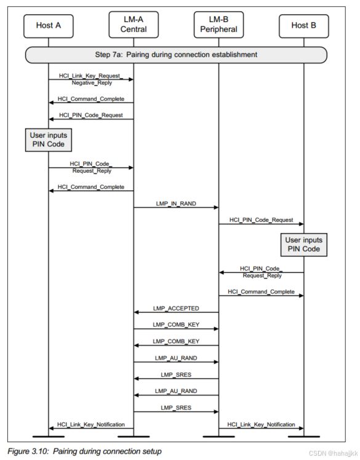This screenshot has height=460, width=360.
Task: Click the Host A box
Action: (49, 25)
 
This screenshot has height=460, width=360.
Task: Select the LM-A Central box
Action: (134, 25)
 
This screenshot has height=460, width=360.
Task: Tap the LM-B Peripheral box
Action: (218, 25)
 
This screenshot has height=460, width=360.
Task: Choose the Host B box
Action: (303, 25)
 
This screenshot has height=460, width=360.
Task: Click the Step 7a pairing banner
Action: (176, 55)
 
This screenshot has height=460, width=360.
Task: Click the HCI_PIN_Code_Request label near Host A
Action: (90, 114)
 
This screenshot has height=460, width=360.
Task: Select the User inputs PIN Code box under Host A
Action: (49, 140)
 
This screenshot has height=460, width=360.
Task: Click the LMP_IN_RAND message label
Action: (176, 203)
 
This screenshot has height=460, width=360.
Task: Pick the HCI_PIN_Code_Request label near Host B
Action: (261, 220)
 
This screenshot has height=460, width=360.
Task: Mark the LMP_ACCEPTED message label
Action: (176, 308)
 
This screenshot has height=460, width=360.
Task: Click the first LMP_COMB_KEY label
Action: (176, 325)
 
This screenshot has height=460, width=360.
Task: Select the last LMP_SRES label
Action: (176, 408)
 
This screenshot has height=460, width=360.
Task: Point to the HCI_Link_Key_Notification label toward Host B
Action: (261, 424)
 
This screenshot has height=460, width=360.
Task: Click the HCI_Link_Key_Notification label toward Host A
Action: (91, 424)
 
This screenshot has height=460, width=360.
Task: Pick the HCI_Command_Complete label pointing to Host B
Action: (261, 291)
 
